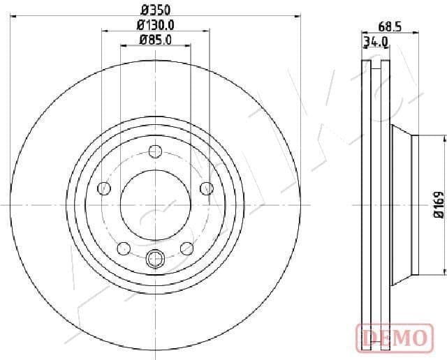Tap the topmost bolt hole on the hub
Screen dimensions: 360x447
pyautogui.click(x=156, y=150)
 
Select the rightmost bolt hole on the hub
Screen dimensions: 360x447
pyautogui.click(x=207, y=187)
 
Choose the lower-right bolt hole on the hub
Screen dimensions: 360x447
pyautogui.click(x=186, y=247)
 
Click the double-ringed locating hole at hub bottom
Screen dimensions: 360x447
pyautogui.click(x=156, y=260)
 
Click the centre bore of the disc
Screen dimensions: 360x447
pyautogui.click(x=156, y=204)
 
